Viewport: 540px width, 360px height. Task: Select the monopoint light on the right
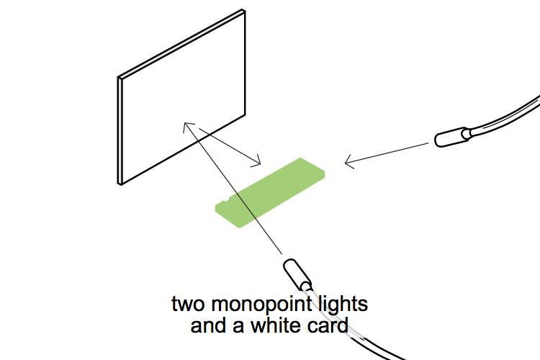pyautogui.click(x=453, y=137)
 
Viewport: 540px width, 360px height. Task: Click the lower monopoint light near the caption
pyautogui.click(x=297, y=274)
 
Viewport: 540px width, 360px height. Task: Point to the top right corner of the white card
pyautogui.click(x=246, y=12)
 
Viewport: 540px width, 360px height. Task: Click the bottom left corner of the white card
pyautogui.click(x=120, y=184)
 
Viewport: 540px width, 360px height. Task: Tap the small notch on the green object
pyautogui.click(x=230, y=199)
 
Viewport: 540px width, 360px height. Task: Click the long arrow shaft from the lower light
pyautogui.click(x=238, y=194)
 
